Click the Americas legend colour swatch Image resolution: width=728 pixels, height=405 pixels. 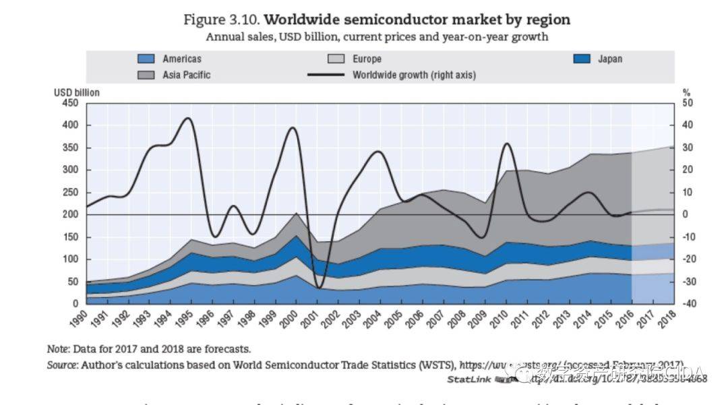pos(145,59)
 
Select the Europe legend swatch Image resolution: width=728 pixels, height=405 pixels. pos(335,59)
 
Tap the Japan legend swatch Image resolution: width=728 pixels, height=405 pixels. pos(581,59)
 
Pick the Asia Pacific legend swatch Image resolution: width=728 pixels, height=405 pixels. pos(145,75)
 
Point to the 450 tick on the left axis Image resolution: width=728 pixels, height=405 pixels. pos(70,103)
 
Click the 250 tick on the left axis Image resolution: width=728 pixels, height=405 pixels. pos(70,192)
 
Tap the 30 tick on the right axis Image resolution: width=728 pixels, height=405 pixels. pos(688,148)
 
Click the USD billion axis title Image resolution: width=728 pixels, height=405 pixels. pos(77,92)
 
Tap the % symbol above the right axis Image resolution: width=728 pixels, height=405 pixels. pos(686,92)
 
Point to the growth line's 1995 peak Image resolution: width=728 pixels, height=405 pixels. pos(188,119)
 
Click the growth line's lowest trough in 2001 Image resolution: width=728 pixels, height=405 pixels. pos(318,288)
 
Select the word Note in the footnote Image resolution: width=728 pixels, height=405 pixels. pos(57,349)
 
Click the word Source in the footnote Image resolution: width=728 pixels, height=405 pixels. pos(61,365)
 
